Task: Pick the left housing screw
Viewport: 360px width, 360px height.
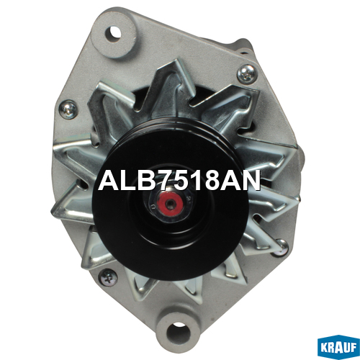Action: pos(68,109)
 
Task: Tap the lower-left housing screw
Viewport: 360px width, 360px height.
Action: pos(108,278)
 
